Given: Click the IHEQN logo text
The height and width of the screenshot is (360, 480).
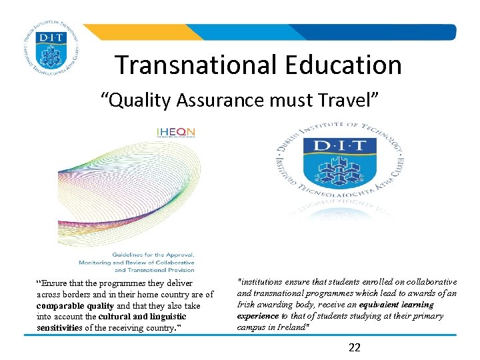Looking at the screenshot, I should point(175,131).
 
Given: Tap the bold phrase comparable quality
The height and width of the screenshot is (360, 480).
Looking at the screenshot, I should point(75,306).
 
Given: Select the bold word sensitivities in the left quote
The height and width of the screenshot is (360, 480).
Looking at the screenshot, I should point(59,328).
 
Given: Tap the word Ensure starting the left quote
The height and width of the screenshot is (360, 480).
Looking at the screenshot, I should point(55,284).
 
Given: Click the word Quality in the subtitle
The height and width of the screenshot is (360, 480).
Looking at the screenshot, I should point(137,101).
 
